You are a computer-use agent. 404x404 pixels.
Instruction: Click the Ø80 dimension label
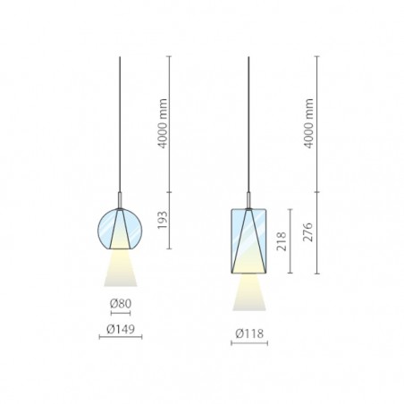coord(121,304)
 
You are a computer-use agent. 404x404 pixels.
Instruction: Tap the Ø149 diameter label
coord(121,329)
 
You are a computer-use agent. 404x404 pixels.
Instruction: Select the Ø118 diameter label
coord(249,333)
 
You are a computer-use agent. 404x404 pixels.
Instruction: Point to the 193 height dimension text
coord(163,220)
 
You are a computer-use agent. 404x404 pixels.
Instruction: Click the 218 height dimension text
coord(282,241)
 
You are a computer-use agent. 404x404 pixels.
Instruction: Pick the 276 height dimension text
coord(308,232)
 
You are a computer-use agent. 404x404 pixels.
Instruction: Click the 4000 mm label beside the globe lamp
coord(163,123)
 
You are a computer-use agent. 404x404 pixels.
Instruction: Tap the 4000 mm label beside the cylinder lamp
coord(309,123)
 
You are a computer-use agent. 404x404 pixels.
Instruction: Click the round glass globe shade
coord(120,229)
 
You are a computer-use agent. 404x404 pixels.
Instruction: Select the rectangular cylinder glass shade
coord(249,241)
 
